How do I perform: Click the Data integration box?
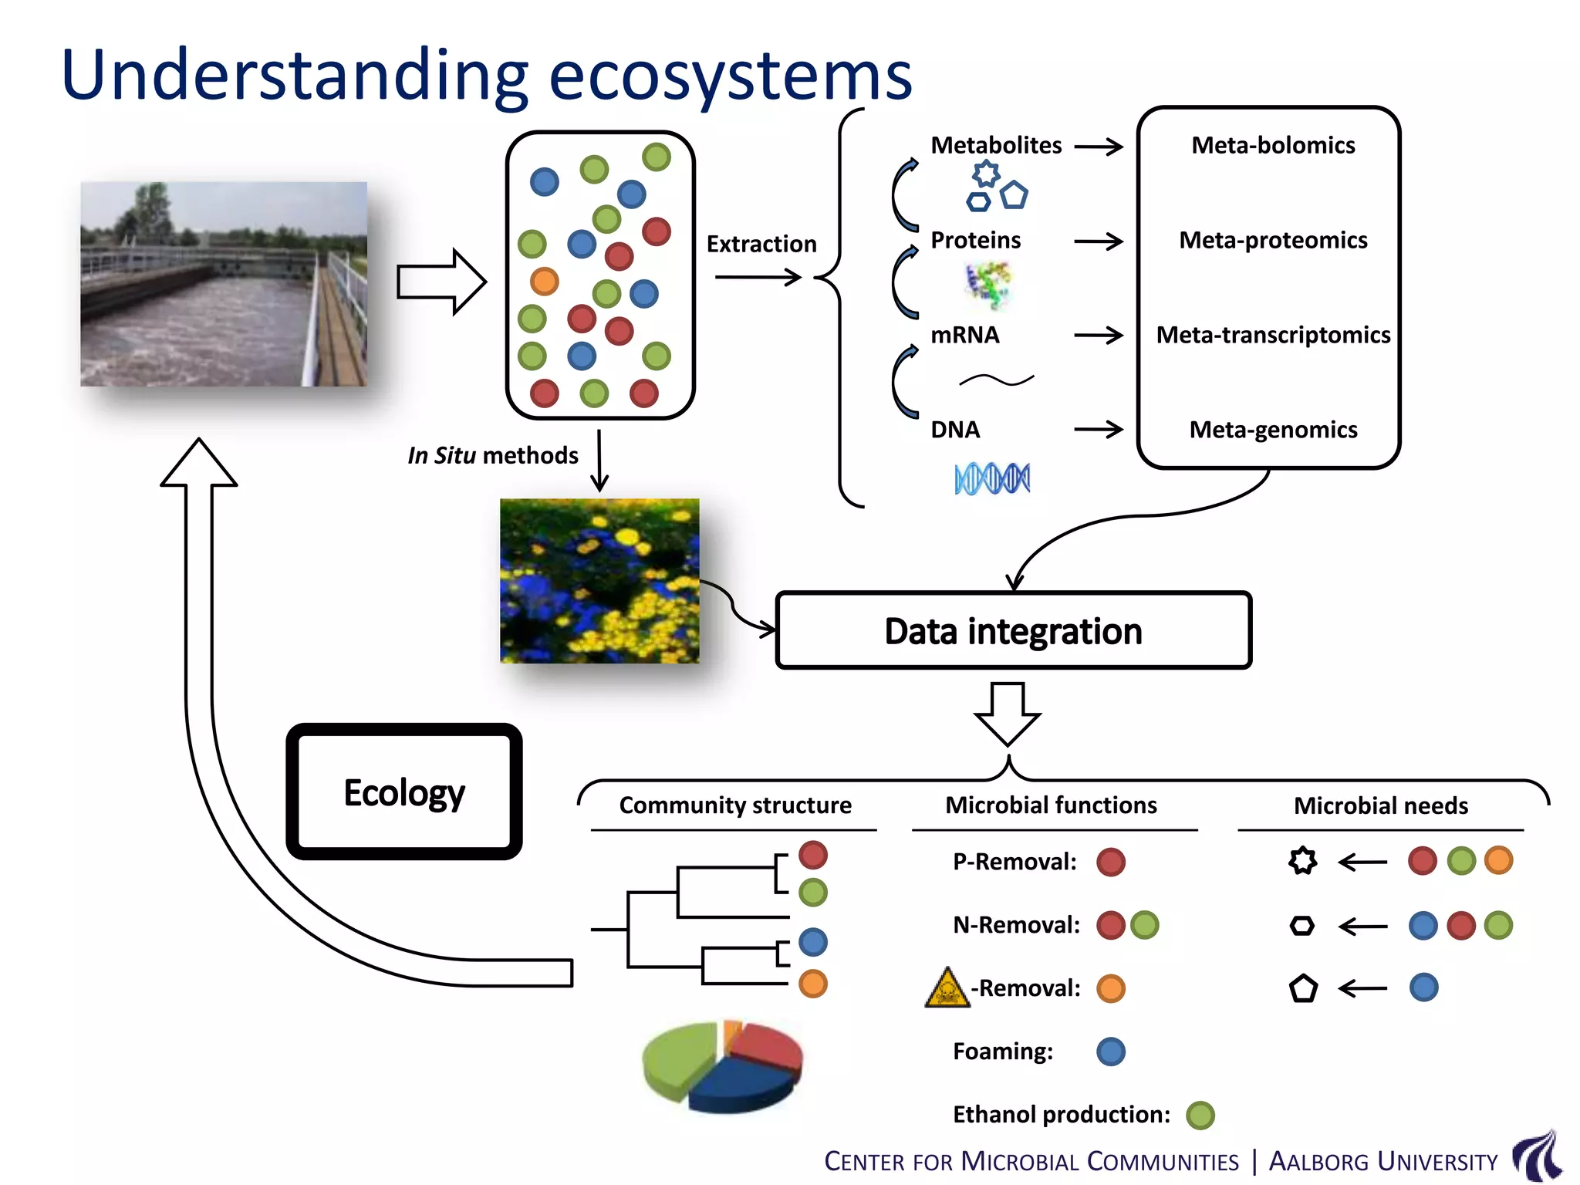click(1013, 630)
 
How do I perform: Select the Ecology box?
click(403, 792)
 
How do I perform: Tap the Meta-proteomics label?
click(1273, 240)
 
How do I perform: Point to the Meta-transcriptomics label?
click(1273, 335)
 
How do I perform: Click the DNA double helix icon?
click(992, 478)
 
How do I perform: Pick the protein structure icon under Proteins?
click(988, 285)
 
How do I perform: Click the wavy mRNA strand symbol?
click(996, 380)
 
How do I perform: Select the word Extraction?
click(761, 244)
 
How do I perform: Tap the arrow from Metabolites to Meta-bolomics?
click(1099, 147)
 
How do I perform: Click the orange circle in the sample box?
click(544, 281)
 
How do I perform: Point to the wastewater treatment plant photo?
click(224, 284)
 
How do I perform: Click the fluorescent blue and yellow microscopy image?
click(599, 581)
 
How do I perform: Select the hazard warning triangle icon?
click(947, 989)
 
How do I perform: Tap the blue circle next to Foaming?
click(1111, 1052)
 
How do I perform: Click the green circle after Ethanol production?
click(1200, 1115)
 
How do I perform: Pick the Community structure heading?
click(734, 805)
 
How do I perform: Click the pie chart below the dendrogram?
click(722, 1067)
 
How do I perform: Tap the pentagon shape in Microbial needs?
click(1303, 988)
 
